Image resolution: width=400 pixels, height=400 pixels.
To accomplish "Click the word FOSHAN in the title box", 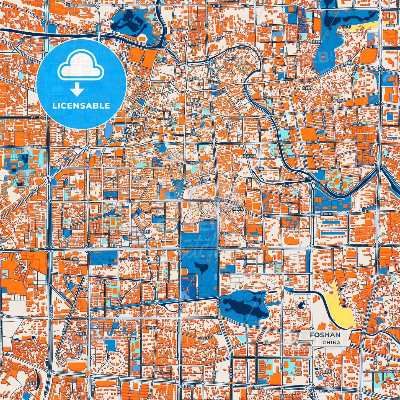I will (x=325, y=335).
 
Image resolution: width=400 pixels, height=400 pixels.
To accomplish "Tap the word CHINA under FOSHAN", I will (x=331, y=342).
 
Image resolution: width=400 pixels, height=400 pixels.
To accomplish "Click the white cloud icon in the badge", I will (x=81, y=66).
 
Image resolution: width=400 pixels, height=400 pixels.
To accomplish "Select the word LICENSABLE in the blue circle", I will (x=81, y=106).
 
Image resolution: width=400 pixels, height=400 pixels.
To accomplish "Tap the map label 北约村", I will (x=345, y=27).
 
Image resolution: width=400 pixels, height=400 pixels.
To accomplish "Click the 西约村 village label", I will (x=317, y=42).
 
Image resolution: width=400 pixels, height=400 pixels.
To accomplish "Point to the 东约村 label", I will (x=307, y=88).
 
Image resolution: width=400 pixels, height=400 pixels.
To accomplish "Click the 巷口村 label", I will (x=29, y=61).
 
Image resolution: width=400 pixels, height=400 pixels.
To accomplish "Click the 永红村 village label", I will (x=144, y=231).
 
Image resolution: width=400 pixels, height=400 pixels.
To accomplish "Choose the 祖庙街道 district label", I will (x=249, y=156).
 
